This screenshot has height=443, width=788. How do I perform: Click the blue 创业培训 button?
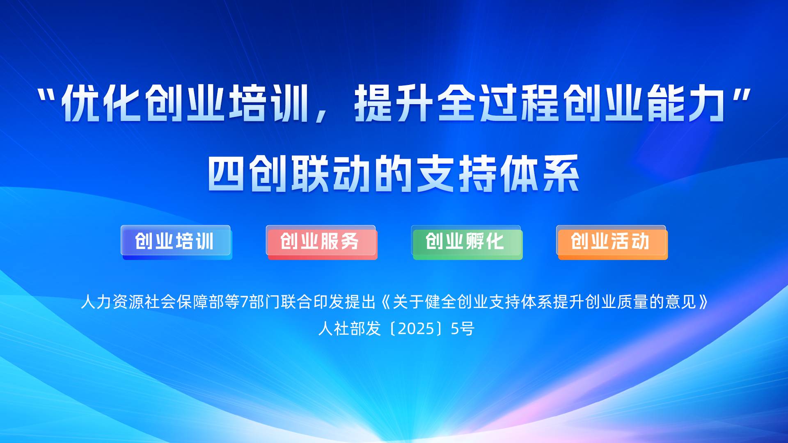(176, 242)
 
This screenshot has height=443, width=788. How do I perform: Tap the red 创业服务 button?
(321, 242)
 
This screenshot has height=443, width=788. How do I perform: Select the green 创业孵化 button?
(467, 242)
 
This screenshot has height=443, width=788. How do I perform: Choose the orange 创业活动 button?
(612, 242)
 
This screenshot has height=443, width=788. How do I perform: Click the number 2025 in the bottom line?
(416, 329)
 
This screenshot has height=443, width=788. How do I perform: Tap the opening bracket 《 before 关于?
(385, 302)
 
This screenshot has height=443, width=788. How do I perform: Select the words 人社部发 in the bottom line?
(350, 329)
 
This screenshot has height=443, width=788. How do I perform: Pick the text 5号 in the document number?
(463, 329)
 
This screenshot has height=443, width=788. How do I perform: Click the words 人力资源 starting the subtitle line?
(112, 302)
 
